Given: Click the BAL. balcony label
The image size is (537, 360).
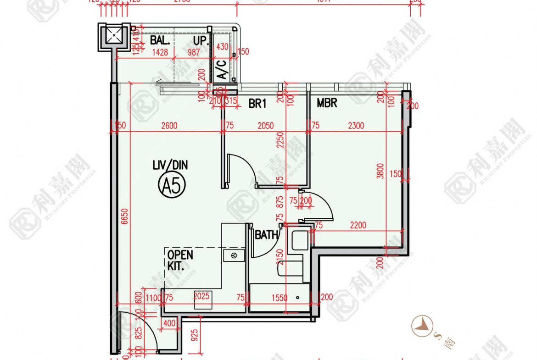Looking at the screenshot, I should (x=160, y=40).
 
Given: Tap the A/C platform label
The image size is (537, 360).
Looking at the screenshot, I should (x=221, y=69).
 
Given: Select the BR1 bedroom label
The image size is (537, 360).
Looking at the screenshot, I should (x=257, y=104).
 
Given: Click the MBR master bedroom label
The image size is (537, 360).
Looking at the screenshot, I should (x=327, y=103).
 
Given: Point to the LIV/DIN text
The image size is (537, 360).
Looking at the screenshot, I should (x=170, y=165).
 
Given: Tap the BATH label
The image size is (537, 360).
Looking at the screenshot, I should (x=266, y=235).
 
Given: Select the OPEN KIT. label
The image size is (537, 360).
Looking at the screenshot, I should (x=179, y=260).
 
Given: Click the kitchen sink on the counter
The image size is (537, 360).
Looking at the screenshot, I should (x=234, y=255).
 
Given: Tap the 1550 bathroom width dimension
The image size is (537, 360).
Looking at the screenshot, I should (x=279, y=298).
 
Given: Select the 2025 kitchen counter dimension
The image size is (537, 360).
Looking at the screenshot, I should (x=201, y=296).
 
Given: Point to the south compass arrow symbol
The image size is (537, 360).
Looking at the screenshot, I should (x=421, y=326).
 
